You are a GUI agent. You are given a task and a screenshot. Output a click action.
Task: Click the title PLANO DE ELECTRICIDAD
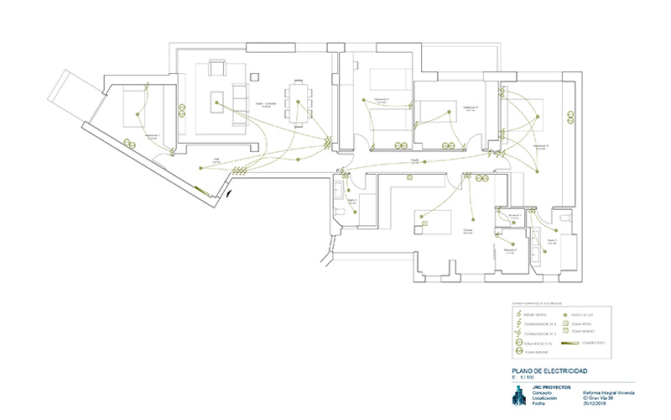549,371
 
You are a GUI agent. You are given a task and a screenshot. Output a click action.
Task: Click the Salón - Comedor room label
267,104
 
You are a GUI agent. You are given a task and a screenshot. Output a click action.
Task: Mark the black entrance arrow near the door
229,194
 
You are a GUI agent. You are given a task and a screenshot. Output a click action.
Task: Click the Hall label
215,159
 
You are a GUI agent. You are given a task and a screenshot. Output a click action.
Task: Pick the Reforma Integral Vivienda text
607,391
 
